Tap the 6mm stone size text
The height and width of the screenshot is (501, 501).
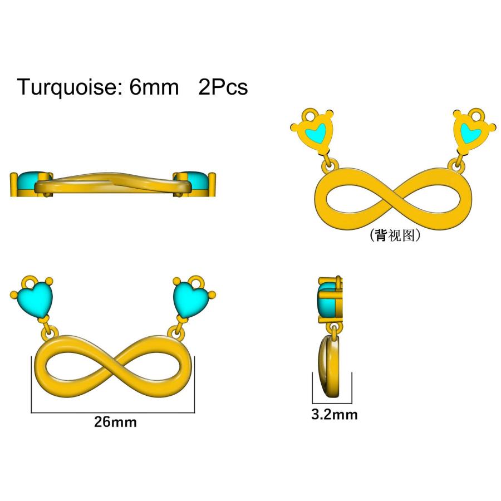[x=154, y=87]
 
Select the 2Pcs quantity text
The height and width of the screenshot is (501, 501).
[x=223, y=87]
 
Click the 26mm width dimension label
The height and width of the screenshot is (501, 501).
[x=115, y=422]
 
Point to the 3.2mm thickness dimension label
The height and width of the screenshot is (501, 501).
[x=334, y=414]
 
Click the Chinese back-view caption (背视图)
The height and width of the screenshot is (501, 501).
[x=395, y=235]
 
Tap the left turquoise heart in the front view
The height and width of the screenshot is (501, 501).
[x=37, y=299]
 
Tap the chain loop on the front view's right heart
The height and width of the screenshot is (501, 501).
[x=195, y=282]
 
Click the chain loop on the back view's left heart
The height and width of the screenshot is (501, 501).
[x=310, y=114]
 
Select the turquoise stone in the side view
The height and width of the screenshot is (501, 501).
[x=327, y=301]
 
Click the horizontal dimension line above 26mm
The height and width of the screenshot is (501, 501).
[x=113, y=412]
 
